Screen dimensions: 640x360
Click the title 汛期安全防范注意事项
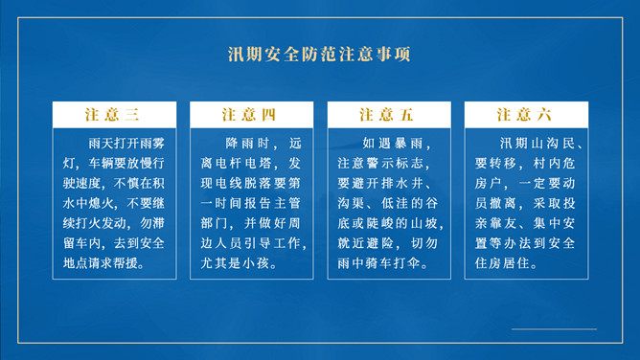point(319,55)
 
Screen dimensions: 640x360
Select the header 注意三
point(112,115)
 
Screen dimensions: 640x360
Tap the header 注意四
point(249,115)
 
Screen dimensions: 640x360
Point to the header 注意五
point(386,115)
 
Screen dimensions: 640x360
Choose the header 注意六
point(524,115)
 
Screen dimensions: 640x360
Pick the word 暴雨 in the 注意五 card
point(410,143)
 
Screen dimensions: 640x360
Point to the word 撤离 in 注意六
point(503,203)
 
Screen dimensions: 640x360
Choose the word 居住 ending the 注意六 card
point(515,263)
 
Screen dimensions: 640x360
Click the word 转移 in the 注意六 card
point(503,163)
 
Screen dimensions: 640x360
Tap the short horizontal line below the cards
point(554,328)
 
